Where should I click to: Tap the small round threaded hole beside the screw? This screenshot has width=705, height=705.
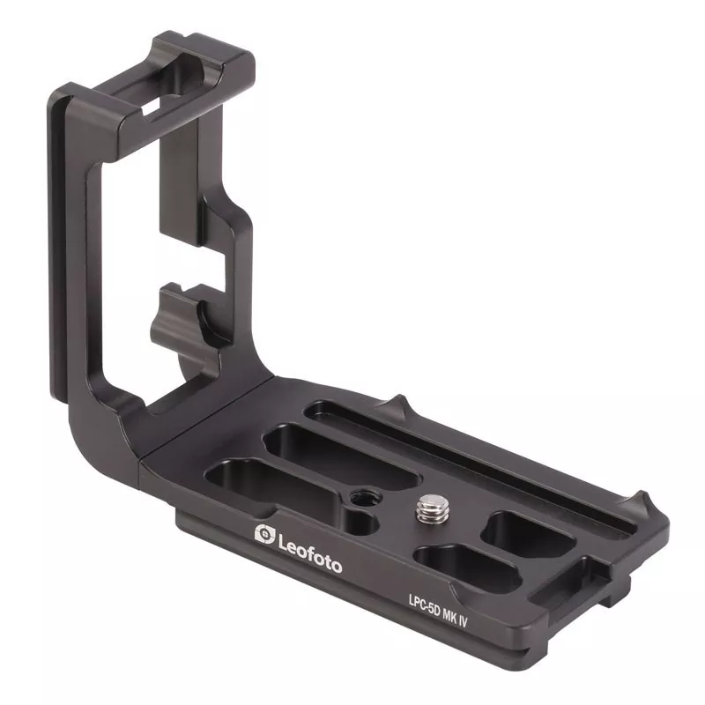coord(360,500)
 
